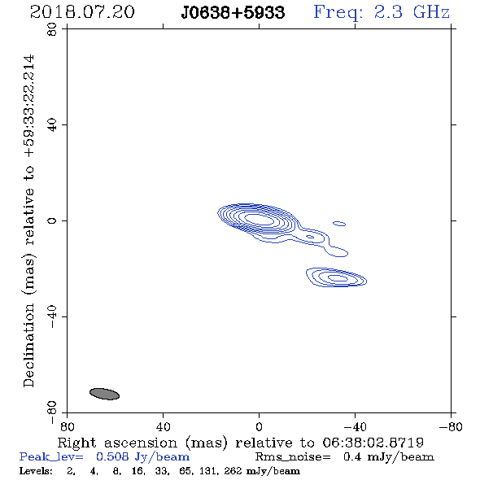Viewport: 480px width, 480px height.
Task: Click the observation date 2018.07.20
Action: [x=82, y=12]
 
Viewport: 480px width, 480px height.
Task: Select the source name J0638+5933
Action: [x=233, y=12]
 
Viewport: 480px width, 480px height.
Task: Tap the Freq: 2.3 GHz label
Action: [x=382, y=12]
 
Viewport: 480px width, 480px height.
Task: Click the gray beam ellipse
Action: [x=104, y=394]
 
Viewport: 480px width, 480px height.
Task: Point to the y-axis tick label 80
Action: [x=52, y=29]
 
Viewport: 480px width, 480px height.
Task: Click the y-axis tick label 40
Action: [x=52, y=125]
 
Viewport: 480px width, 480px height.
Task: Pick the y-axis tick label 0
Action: [x=52, y=220]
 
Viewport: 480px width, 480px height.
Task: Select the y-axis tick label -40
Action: [x=52, y=316]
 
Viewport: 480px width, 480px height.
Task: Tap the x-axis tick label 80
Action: [x=67, y=427]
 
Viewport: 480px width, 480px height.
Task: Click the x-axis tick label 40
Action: [x=163, y=427]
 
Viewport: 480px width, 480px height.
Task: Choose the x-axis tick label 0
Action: [x=259, y=427]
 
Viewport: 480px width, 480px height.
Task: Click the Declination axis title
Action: [x=28, y=220]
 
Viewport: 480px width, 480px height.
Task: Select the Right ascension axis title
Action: [x=240, y=443]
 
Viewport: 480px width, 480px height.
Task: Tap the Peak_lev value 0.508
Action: [x=112, y=456]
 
